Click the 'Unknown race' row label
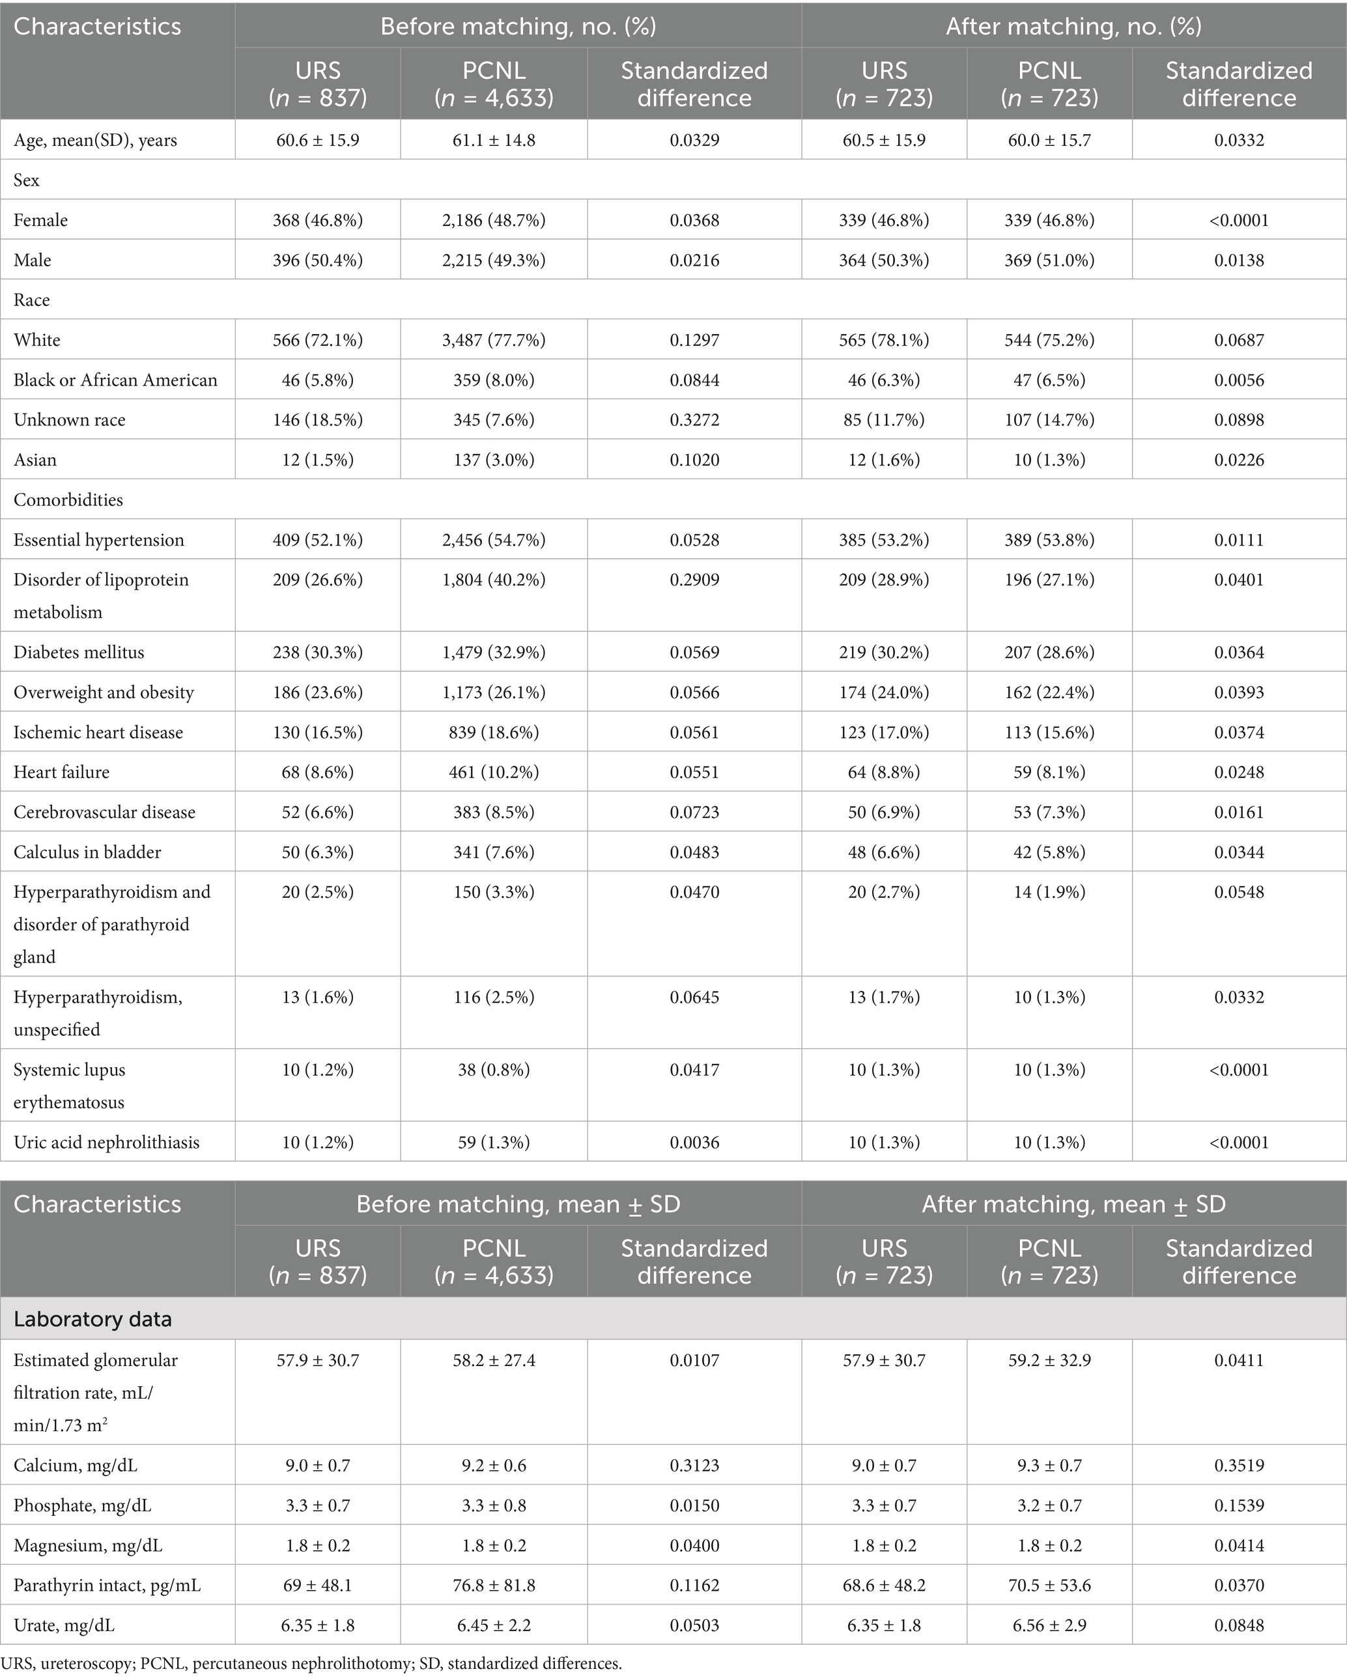tap(69, 419)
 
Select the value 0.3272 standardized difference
tap(694, 419)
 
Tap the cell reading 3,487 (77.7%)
tap(494, 340)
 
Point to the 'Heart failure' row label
tap(61, 772)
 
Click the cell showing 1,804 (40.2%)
tap(494, 580)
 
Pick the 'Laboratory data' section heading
tap(92, 1319)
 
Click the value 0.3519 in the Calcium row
tap(1239, 1466)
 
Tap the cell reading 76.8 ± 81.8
tap(494, 1586)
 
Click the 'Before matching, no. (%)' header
tap(518, 27)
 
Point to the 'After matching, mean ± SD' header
tap(1073, 1204)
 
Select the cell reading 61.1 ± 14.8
tap(494, 141)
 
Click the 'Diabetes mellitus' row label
tap(79, 652)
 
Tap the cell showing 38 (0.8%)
tap(494, 1070)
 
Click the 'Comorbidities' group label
tap(68, 499)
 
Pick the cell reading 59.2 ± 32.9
tap(1049, 1360)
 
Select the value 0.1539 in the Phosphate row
tap(1239, 1505)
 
